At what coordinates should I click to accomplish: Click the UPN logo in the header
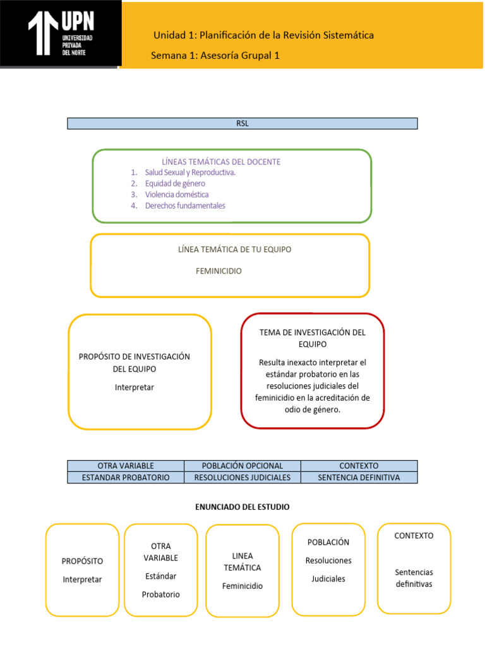61,33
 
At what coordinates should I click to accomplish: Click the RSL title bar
242,124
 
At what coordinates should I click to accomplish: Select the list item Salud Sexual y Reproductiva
190,172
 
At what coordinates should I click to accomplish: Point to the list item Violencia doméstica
177,195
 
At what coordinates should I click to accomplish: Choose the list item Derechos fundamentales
185,205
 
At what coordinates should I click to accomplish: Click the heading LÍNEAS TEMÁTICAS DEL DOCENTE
221,162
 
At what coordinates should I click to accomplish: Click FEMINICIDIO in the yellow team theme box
219,271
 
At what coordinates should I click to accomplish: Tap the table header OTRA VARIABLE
126,466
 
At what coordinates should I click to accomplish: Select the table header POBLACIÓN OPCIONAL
242,466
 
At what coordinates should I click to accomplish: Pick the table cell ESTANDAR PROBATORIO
126,478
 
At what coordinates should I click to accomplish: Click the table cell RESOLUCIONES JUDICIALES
242,478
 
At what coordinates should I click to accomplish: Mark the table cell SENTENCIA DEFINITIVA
359,478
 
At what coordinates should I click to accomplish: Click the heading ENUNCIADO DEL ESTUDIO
242,507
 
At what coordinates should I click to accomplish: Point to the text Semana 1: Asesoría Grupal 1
215,56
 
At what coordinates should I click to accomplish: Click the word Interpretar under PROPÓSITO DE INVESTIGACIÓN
135,387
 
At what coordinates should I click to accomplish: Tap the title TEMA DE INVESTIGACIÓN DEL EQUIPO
313,338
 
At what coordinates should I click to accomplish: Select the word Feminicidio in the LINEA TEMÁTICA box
242,586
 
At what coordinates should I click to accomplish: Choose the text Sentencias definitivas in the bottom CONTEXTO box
414,577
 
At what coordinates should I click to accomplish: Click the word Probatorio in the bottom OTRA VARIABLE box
161,595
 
